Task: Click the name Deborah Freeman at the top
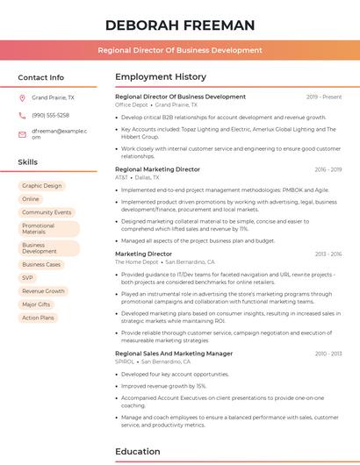[179, 25]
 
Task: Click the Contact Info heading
[40, 77]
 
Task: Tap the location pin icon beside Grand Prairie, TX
[22, 98]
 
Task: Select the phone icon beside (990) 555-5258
[22, 115]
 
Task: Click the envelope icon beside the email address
[22, 134]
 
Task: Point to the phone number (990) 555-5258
[50, 115]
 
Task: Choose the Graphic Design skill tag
[42, 186]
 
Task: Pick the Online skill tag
[31, 199]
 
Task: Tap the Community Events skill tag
[47, 212]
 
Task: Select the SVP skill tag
[28, 277]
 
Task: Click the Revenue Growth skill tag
[43, 290]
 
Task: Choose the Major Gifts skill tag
[36, 304]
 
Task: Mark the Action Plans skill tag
[38, 318]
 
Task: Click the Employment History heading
[160, 77]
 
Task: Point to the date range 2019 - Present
[324, 97]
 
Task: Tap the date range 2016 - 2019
[327, 169]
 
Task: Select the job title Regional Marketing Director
[157, 169]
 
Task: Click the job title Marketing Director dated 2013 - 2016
[143, 254]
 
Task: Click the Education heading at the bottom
[139, 452]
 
